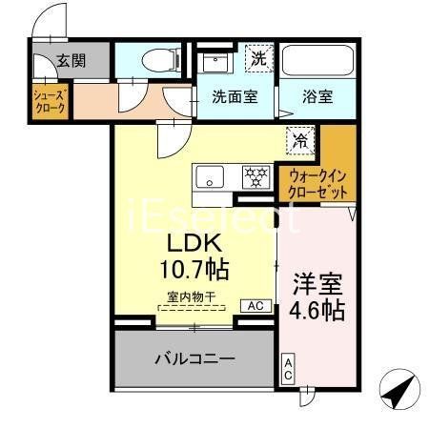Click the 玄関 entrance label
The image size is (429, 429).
70,60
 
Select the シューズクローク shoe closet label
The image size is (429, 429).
50,102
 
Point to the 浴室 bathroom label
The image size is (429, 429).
318,96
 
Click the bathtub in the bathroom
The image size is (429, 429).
317,60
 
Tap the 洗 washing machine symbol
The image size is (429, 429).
258,57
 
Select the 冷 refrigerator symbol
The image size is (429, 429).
300,139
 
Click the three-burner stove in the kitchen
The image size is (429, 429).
255,176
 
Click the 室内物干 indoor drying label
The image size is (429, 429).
192,297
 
